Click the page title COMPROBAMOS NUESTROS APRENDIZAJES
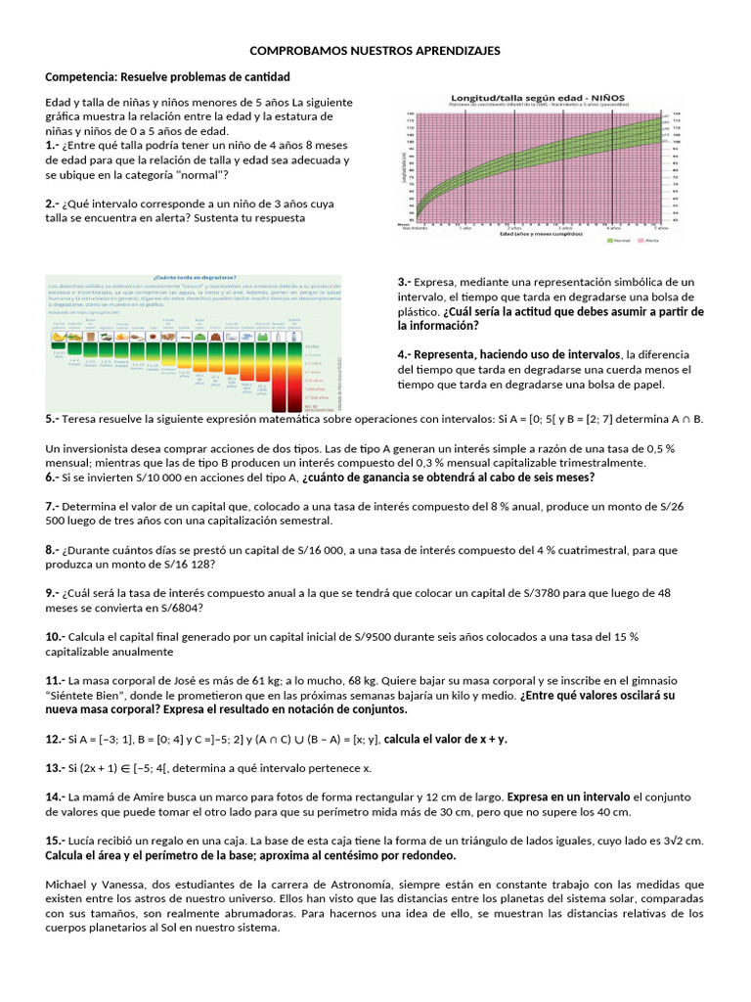(x=375, y=50)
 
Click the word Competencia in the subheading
(x=80, y=76)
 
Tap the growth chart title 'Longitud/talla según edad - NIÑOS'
(x=538, y=98)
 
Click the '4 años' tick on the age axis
(x=614, y=226)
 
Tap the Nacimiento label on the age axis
(x=415, y=226)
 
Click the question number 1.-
(x=53, y=145)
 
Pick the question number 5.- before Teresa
(x=53, y=419)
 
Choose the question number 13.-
(x=56, y=768)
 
